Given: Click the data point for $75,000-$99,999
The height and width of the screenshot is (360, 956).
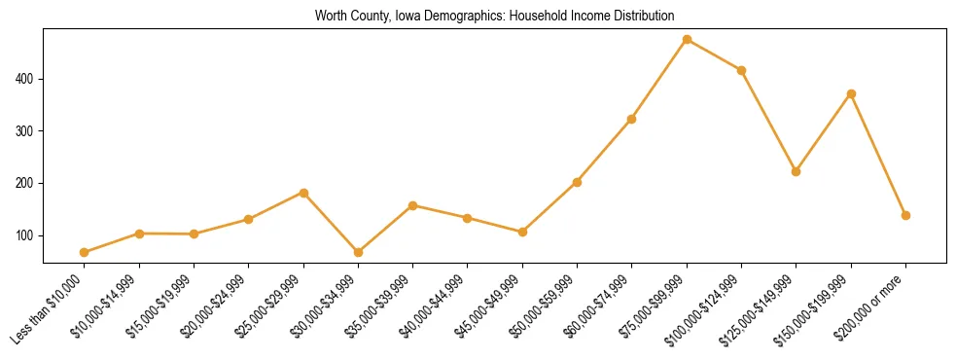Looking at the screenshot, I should tap(687, 40).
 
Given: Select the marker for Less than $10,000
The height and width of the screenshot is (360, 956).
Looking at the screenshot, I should tap(85, 253).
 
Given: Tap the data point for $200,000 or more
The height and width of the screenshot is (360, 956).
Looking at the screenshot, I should tap(905, 215).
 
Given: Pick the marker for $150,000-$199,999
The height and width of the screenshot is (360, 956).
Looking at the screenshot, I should tap(851, 93).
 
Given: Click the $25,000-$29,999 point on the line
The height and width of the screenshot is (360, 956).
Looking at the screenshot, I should tap(303, 193).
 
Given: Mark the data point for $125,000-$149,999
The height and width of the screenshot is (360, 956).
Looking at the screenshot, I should tap(797, 171).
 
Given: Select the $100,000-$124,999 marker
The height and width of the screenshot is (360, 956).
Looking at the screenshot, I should tap(741, 70).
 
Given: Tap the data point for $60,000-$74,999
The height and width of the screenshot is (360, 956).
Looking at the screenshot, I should tap(632, 119).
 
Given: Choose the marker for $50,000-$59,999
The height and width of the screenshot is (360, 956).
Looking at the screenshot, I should tap(577, 182).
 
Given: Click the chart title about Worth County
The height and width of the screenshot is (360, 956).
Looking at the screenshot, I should tap(494, 16).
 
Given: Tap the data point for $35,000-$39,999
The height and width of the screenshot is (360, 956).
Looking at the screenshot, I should tap(413, 205).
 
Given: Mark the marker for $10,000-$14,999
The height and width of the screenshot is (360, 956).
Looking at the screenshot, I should tap(139, 234).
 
